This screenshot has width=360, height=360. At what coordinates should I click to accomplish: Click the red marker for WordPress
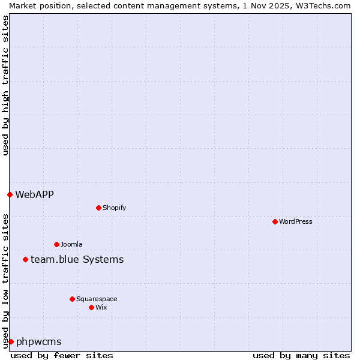(275, 221)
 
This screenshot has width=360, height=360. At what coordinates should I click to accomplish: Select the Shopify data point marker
(98, 208)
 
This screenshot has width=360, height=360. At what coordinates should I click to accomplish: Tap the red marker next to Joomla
(56, 244)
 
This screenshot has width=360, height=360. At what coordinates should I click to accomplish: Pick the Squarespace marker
(72, 299)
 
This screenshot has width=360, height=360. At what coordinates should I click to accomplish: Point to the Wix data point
(91, 307)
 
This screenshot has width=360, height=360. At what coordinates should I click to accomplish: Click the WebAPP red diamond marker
(10, 194)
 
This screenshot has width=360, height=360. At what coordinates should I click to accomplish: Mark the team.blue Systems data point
(25, 259)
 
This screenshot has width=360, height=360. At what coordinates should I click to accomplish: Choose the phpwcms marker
(11, 341)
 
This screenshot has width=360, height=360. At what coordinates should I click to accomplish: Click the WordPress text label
(296, 221)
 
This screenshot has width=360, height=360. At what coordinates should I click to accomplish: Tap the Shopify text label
(114, 208)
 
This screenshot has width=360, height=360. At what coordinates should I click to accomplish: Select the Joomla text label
(71, 244)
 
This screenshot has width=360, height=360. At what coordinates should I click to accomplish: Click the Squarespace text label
(97, 299)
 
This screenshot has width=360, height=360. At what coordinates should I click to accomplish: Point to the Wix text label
(101, 307)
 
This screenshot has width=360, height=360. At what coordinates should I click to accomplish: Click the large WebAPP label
(34, 194)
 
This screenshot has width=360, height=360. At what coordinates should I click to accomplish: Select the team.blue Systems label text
(77, 259)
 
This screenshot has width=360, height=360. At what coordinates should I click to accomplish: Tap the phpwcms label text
(38, 341)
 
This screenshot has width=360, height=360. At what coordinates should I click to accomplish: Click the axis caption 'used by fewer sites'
(62, 355)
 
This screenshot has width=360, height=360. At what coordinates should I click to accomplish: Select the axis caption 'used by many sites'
(301, 355)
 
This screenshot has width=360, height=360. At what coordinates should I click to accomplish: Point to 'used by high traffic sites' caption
(5, 85)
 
